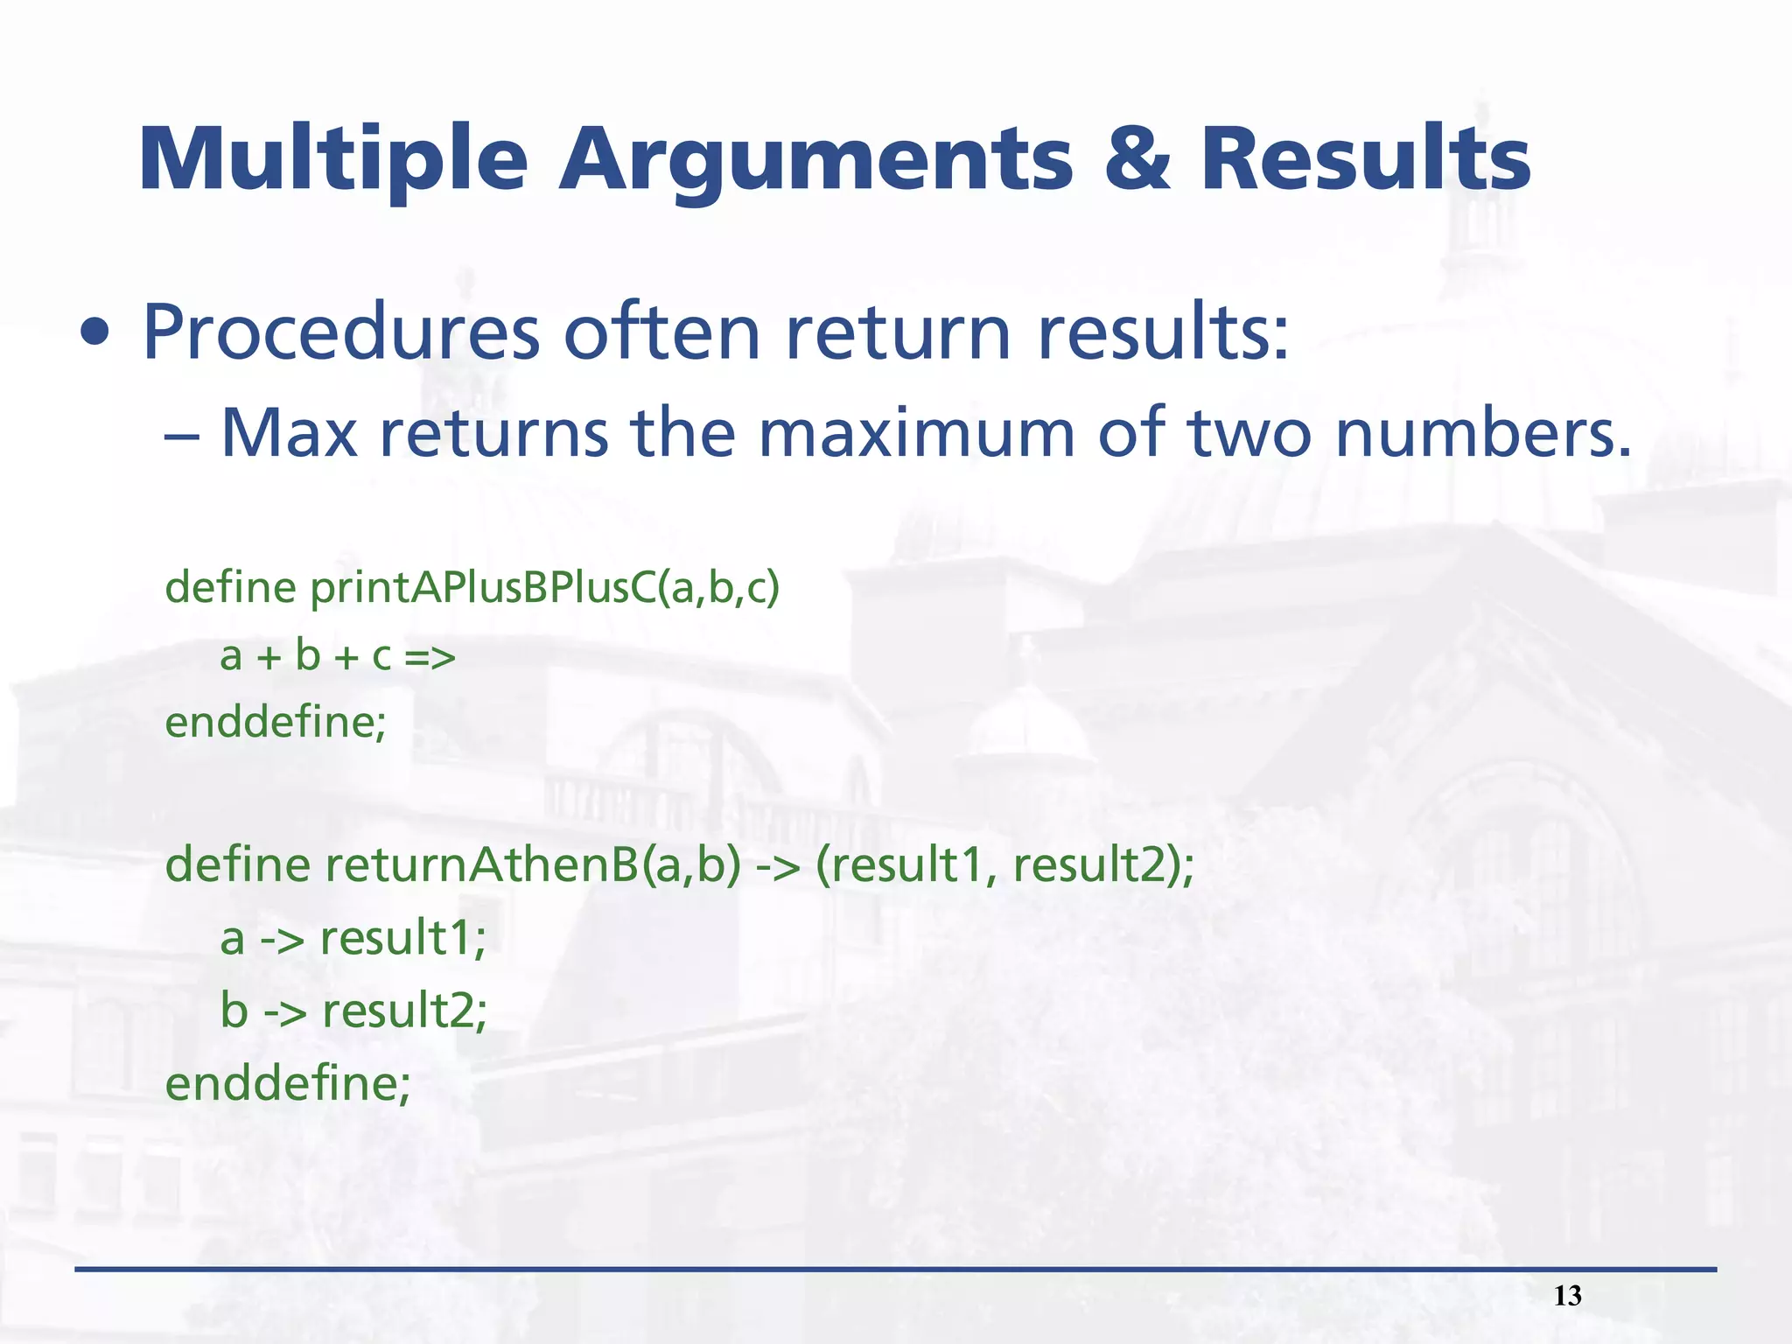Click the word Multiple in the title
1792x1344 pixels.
click(x=333, y=160)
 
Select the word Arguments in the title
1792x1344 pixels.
click(x=815, y=160)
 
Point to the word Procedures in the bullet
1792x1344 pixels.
click(x=342, y=332)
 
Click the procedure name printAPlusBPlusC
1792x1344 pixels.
click(x=482, y=586)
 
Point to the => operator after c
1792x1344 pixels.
click(x=430, y=656)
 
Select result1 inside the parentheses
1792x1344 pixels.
click(x=906, y=864)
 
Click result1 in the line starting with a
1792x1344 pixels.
click(x=402, y=938)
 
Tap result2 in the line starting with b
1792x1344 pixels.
click(x=404, y=1011)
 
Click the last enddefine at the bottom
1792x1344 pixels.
click(x=288, y=1083)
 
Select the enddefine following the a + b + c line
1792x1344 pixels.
click(x=276, y=723)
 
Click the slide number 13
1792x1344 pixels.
click(x=1567, y=1295)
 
